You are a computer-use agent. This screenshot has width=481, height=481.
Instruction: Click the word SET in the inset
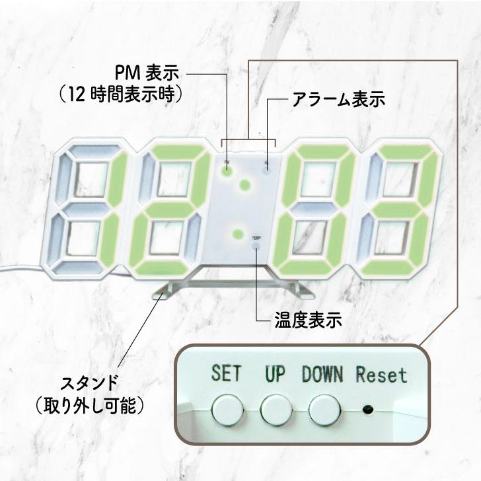pos(226,375)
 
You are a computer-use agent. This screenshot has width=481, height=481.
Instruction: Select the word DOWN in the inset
pos(322,375)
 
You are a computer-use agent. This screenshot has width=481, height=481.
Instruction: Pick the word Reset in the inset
pos(382,375)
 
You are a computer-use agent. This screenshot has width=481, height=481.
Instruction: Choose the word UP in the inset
pos(274,375)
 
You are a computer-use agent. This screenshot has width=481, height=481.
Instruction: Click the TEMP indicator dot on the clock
pos(256,247)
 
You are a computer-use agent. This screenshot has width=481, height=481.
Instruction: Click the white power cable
pos(20,269)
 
